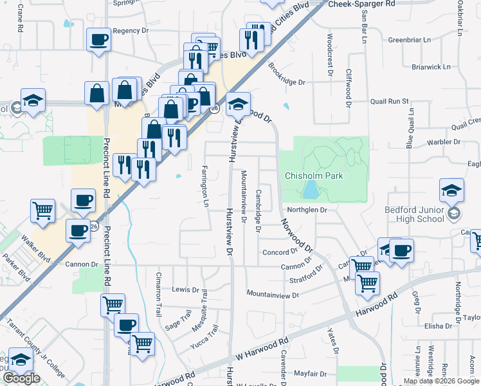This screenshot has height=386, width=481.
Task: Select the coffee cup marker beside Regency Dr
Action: [x=98, y=41]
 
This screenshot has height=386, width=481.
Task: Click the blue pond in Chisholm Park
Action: [x=311, y=189]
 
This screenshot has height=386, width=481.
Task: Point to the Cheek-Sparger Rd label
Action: [x=361, y=4]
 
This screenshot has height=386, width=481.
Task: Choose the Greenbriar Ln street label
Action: [x=410, y=40]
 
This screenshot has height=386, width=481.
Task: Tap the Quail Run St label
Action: [x=390, y=101]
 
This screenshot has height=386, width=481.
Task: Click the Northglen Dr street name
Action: [x=308, y=210]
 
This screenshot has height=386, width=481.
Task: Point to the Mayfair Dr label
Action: [x=311, y=373]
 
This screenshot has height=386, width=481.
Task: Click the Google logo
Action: [x=21, y=378]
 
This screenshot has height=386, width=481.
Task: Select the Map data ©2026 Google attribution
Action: [x=441, y=381]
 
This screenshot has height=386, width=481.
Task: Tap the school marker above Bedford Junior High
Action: [x=451, y=190]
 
